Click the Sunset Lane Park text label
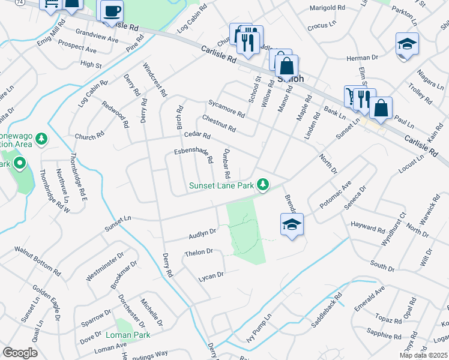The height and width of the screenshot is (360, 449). (221, 185)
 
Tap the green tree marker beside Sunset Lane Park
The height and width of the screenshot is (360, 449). (263, 184)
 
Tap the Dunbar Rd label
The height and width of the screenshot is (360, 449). (227, 164)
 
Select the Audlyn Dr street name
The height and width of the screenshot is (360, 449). (202, 231)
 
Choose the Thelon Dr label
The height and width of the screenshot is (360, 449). (199, 253)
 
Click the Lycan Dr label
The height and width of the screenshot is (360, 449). (211, 275)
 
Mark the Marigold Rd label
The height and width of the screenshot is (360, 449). (327, 8)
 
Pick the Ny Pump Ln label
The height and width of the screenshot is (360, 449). (259, 329)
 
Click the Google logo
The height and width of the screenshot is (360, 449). (20, 353)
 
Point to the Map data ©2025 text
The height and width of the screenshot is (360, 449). (423, 355)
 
